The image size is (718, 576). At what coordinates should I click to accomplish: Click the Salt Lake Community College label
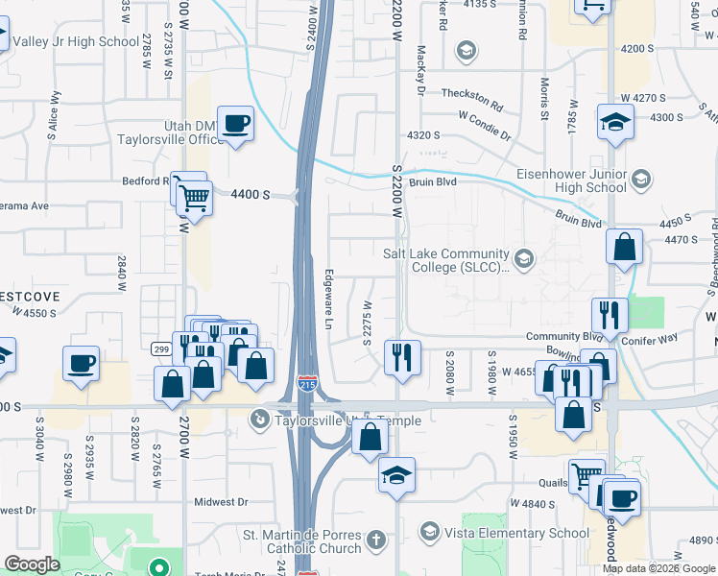[x=446, y=259]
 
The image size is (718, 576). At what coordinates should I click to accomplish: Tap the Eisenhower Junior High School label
[x=571, y=180]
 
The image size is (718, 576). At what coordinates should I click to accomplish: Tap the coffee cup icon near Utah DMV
[x=235, y=124]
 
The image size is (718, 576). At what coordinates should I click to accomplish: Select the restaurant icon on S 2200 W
[x=402, y=357]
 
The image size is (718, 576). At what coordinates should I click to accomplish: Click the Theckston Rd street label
[x=471, y=98]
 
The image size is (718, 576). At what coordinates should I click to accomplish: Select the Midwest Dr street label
[x=221, y=501]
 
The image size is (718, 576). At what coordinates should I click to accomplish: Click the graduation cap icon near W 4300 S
[x=613, y=123]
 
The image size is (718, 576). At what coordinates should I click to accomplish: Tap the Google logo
[x=32, y=564]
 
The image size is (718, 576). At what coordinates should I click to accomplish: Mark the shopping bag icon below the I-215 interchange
[x=370, y=437]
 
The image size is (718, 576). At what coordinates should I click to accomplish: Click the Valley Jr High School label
[x=77, y=41]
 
